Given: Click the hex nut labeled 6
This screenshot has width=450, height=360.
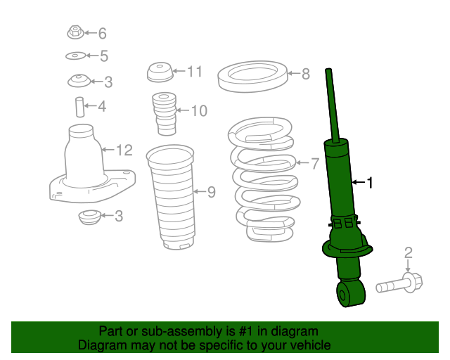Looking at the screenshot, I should [75, 32].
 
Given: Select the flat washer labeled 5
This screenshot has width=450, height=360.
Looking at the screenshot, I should [75, 56].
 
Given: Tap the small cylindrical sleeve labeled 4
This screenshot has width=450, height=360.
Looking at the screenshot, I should [79, 107].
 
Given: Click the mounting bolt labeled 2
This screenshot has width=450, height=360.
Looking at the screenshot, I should [401, 284].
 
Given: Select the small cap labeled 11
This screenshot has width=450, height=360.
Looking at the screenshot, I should [159, 72].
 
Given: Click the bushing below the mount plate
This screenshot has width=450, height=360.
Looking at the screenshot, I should [89, 217].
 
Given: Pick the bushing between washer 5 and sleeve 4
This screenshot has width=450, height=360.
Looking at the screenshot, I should [81, 82].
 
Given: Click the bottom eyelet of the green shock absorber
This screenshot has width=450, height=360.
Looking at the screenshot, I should [351, 294].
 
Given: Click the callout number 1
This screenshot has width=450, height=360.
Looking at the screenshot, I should [371, 184].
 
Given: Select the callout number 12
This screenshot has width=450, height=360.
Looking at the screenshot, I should [124, 150].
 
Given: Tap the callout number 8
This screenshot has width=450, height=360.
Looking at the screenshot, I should [305, 74].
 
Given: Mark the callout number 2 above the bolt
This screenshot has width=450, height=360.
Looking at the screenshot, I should [408, 252].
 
